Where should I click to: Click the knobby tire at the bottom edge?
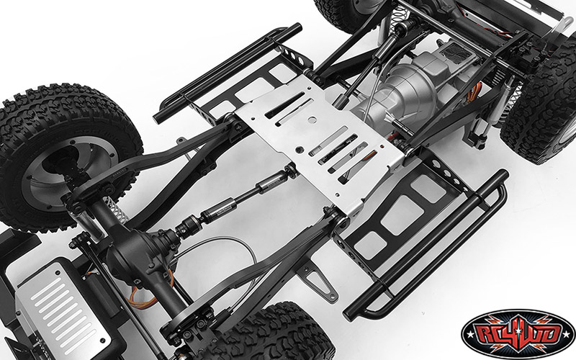[266, 335]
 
